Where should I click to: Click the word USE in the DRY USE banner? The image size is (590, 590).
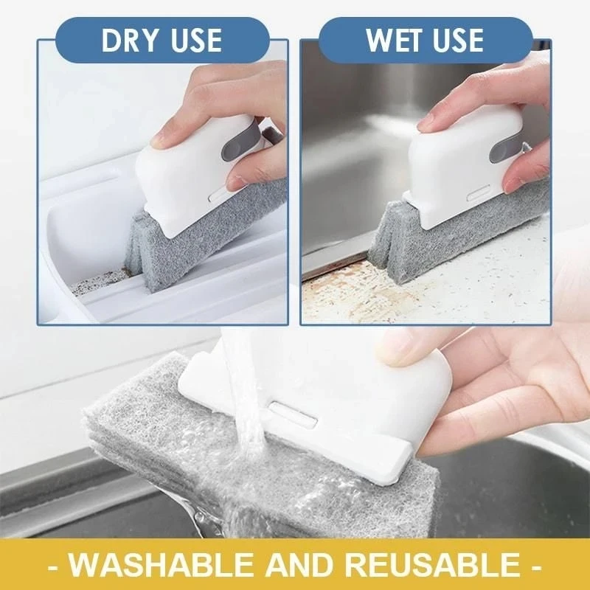(193, 41)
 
